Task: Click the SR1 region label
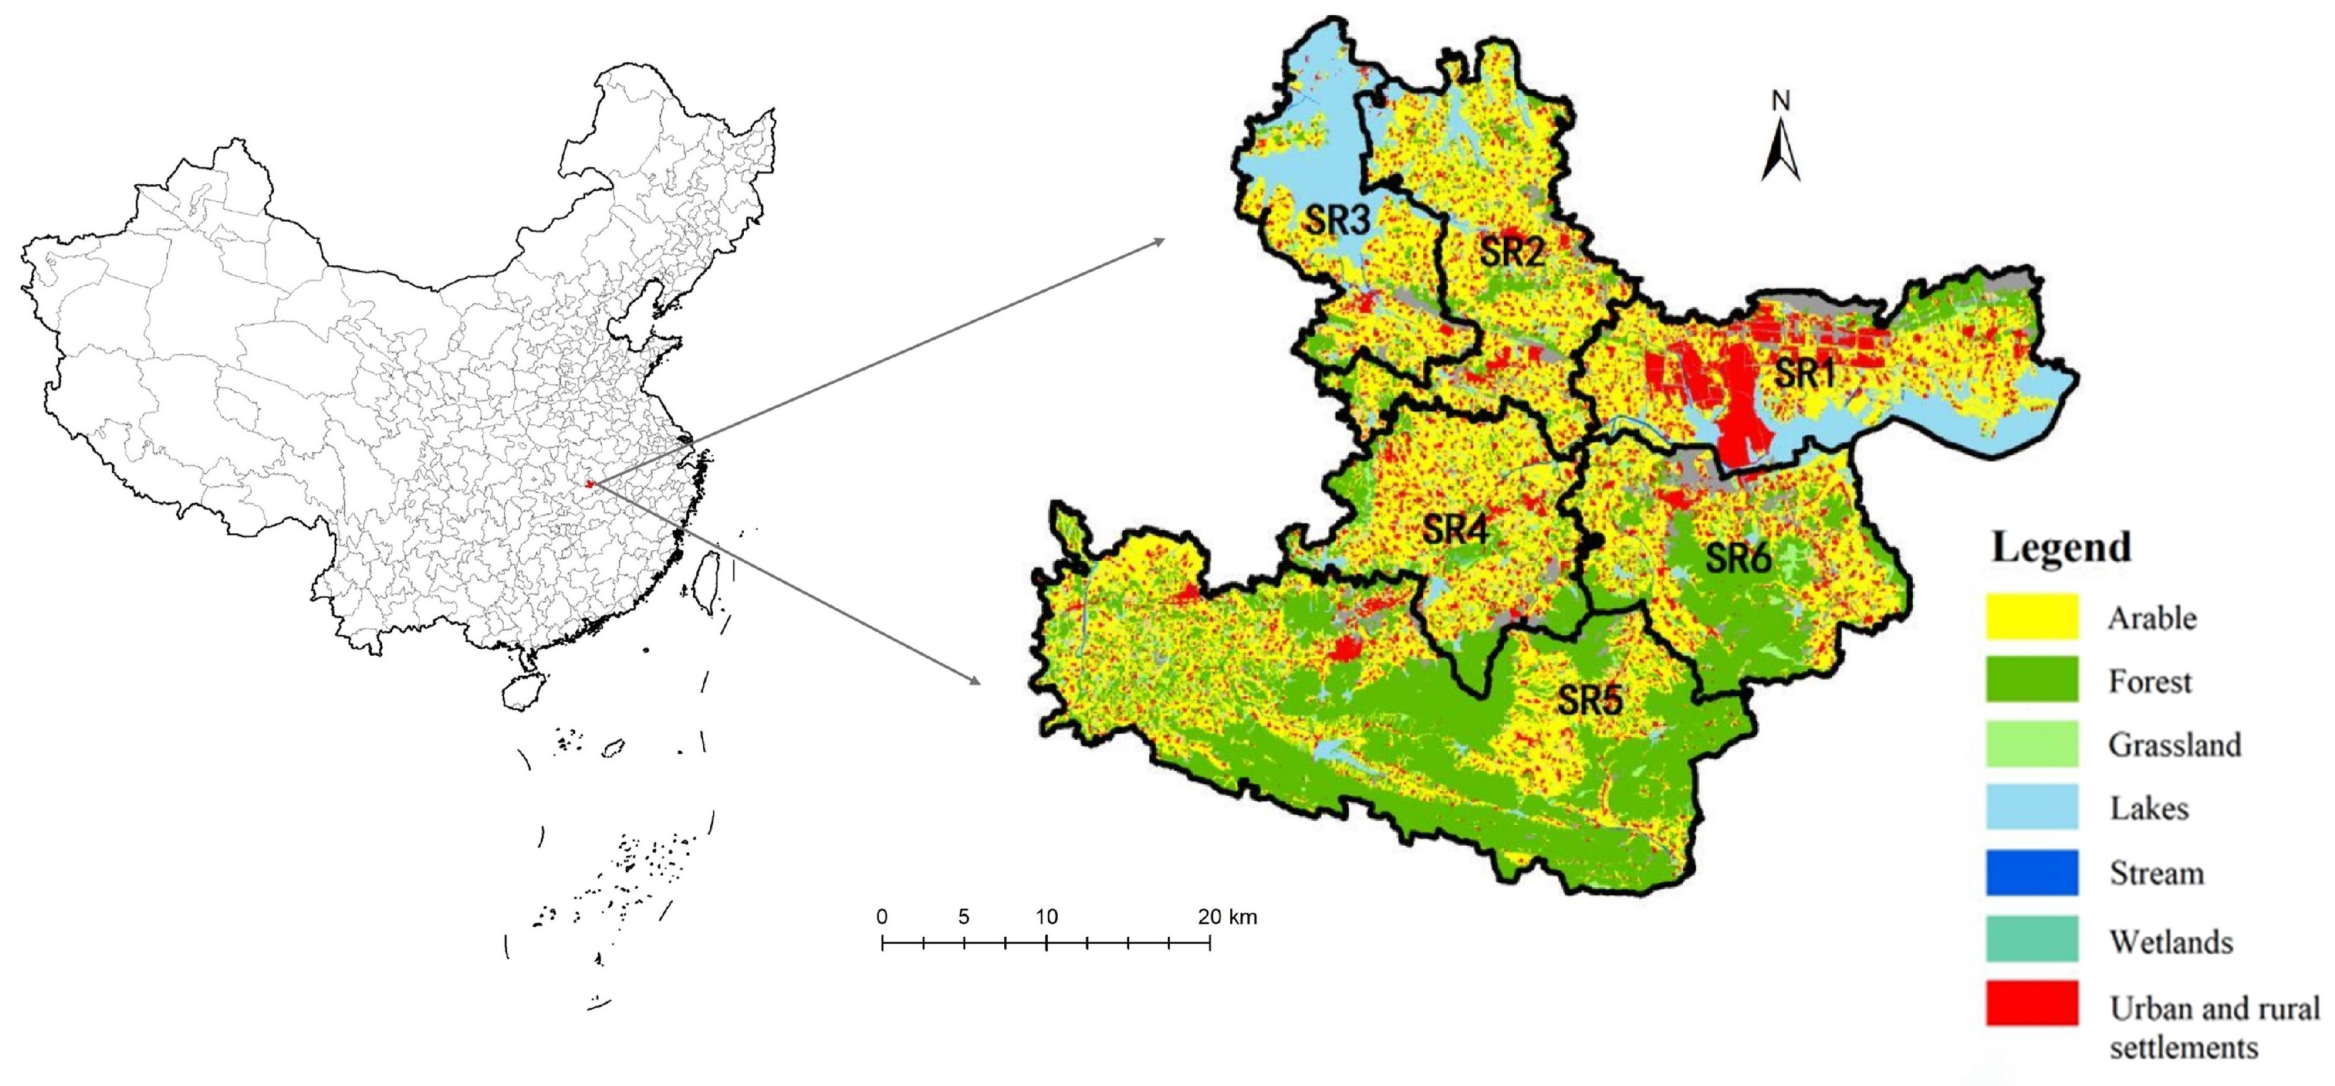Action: point(1804,373)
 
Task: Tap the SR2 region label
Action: point(1511,251)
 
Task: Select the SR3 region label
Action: point(1337,219)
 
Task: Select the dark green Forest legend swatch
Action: point(2031,680)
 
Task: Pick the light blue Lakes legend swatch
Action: point(2031,807)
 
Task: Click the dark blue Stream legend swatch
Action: point(2031,872)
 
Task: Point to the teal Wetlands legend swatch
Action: point(2031,939)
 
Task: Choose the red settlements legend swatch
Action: point(2031,1004)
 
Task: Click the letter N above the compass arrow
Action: point(1781,101)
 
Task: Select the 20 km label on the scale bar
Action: point(1227,917)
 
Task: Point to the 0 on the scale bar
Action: point(882,917)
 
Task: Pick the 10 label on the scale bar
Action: point(1046,917)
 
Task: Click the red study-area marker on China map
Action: point(589,484)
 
